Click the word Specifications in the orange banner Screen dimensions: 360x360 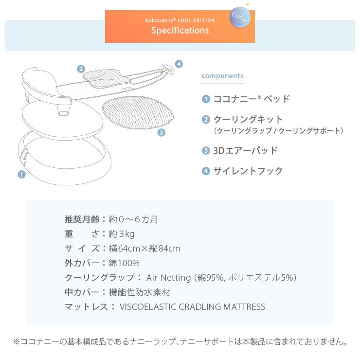coord(180,31)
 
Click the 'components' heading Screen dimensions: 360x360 coord(222,76)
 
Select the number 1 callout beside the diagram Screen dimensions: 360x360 coord(21,174)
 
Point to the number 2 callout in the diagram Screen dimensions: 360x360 coord(81,69)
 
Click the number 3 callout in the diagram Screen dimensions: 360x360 coord(162,132)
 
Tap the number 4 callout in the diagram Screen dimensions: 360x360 coord(179,64)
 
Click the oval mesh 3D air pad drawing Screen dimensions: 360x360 coord(138,112)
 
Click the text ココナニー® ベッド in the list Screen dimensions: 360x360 coord(252,99)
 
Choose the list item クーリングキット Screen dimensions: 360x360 coord(248,119)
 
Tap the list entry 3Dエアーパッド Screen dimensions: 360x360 coord(245,150)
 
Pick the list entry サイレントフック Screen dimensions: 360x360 coord(248,171)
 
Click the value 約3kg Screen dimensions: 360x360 coord(122,234)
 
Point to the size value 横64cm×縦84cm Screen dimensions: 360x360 coord(144,249)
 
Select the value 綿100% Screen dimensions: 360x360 coord(124,263)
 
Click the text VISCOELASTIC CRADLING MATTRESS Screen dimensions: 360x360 coord(192,307)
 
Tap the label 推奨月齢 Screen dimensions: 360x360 coord(82,219)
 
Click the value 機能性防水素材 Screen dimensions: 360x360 coord(140,292)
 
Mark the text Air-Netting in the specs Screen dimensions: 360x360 coord(168,278)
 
